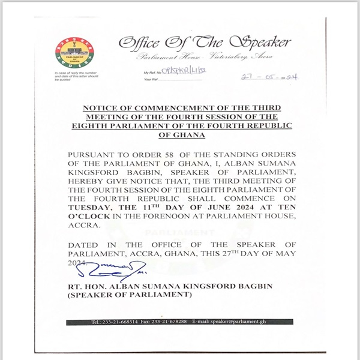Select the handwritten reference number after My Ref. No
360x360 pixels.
tap(179, 72)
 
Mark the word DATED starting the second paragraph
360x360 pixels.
tap(82, 245)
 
